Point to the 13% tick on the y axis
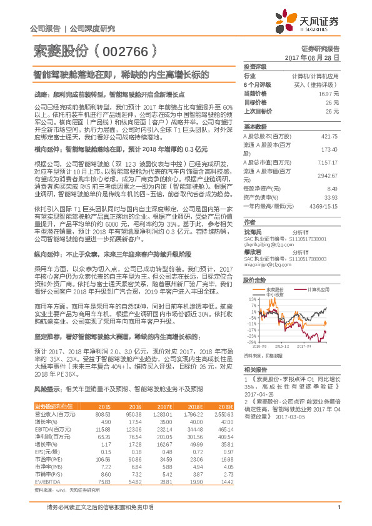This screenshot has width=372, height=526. (251, 299)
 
